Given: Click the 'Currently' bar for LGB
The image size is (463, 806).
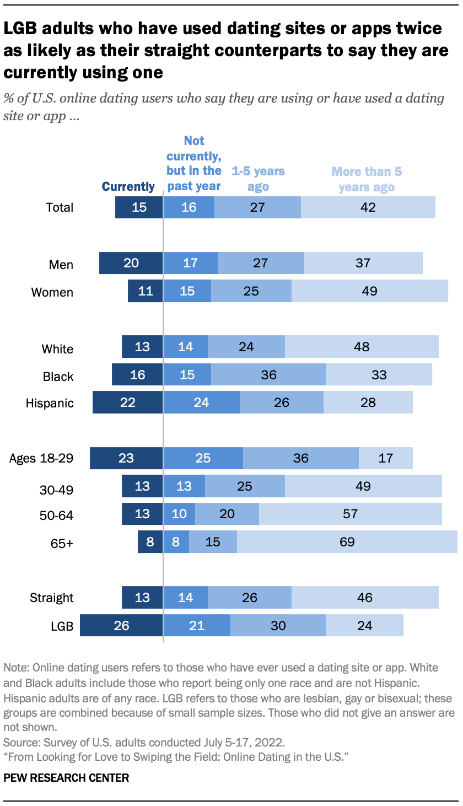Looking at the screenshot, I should point(121,626).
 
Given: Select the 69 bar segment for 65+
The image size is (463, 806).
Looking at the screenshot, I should point(347,542).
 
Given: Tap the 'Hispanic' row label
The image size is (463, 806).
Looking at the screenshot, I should point(50,403).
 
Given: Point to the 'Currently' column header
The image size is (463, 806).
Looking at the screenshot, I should point(128,186).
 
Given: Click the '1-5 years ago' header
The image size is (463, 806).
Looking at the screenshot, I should point(258,179).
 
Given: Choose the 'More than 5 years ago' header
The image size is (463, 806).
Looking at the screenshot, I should point(367,179).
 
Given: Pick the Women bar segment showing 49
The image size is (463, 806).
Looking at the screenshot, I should point(369,291).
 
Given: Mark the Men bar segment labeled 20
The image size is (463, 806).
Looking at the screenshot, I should point(131,263).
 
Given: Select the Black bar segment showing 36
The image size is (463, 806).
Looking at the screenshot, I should point(268,375).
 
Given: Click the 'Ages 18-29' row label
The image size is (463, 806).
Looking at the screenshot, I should point(41,458).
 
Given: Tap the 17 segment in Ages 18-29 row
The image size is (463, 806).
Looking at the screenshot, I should point(385,458).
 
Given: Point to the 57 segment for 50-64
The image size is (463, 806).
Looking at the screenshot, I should point(350,514).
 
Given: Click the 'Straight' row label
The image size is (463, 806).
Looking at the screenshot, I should point(51,598).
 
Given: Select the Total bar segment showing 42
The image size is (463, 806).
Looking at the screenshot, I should point(368,207).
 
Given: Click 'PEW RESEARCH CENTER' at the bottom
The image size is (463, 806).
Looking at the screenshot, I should point(66,778).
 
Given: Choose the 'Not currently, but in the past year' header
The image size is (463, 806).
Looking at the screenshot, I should point(194,163).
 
